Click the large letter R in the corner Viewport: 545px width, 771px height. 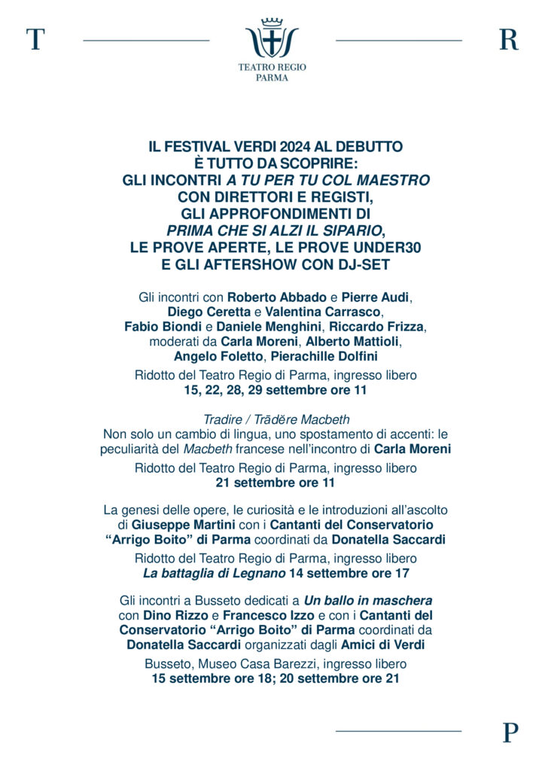point(509,39)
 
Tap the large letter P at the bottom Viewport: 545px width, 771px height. point(510,732)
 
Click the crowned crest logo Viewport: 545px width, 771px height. point(272,38)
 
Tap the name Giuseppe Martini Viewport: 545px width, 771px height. point(183,524)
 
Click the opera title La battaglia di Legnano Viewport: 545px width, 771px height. point(214,573)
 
